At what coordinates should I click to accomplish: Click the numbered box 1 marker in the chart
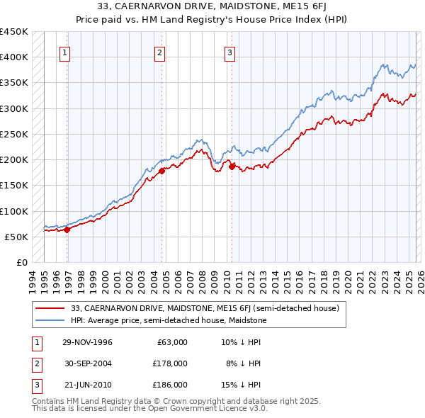pos(64,52)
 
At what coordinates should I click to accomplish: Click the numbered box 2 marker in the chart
pos(160,52)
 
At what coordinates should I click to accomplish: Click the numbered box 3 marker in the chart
pos(230,52)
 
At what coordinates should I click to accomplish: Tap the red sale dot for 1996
pos(67,230)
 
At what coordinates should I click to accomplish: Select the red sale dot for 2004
pos(161,171)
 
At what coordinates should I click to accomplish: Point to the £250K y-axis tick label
pos(14,134)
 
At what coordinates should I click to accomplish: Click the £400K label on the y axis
pos(14,57)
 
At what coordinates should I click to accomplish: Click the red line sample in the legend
pos(50,308)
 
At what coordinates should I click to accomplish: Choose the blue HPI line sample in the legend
pos(50,320)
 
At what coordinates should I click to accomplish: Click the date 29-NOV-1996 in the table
pos(87,342)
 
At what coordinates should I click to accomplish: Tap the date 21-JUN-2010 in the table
pos(87,385)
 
